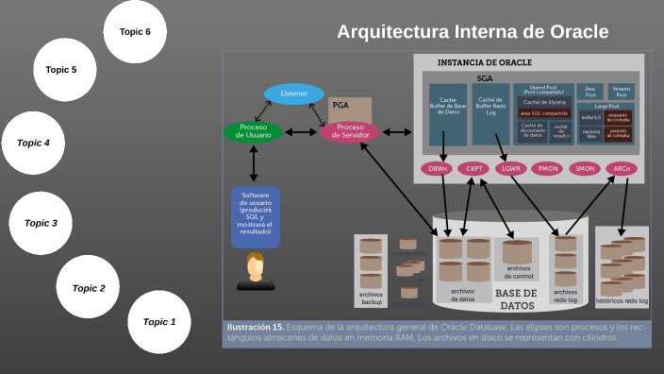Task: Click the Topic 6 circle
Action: click(135, 32)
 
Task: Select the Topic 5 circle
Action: click(61, 70)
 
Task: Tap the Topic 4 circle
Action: click(34, 144)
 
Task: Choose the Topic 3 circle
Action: click(41, 223)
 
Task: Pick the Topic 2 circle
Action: click(89, 288)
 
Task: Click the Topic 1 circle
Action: click(159, 322)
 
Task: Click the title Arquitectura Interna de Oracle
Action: click(473, 32)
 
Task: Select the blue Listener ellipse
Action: click(293, 94)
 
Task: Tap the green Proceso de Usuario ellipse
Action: click(254, 131)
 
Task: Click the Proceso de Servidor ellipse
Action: click(349, 131)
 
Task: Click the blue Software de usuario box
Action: click(255, 216)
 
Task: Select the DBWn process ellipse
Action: click(438, 169)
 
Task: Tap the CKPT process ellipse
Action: click(473, 169)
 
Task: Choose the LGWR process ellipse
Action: click(510, 169)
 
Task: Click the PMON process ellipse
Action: click(547, 169)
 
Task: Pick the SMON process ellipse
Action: click(584, 169)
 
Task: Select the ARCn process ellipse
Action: click(621, 169)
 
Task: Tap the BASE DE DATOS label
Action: click(516, 299)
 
